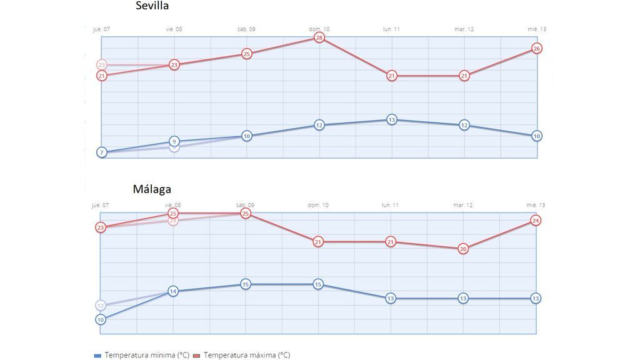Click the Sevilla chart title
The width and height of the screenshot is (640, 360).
click(x=152, y=6)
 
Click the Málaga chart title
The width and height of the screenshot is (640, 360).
click(x=152, y=189)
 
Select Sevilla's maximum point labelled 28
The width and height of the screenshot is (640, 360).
click(x=319, y=37)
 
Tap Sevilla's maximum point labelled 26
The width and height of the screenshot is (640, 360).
click(x=536, y=48)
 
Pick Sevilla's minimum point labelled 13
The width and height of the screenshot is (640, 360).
click(x=391, y=119)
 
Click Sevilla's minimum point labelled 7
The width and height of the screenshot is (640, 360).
click(x=101, y=152)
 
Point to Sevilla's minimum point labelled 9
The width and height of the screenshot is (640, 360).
click(x=174, y=141)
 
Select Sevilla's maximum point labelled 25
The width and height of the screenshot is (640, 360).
click(x=247, y=54)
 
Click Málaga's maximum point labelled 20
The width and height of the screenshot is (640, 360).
click(x=463, y=248)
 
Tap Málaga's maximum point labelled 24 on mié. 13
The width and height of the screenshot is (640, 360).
click(x=536, y=220)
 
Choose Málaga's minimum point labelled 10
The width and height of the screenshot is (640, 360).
click(x=101, y=319)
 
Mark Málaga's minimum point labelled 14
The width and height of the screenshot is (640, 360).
click(x=173, y=291)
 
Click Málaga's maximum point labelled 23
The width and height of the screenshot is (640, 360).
click(x=101, y=227)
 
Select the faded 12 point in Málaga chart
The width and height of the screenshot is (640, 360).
click(x=101, y=305)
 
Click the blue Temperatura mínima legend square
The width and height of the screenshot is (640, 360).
click(x=97, y=355)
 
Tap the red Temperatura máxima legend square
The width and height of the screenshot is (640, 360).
click(x=196, y=355)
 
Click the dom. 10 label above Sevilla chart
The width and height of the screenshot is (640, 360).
click(x=319, y=29)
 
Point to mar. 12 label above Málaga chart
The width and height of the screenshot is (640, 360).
click(x=463, y=205)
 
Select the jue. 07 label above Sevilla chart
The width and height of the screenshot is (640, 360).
click(x=101, y=29)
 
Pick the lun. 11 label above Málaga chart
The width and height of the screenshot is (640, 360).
click(x=391, y=205)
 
